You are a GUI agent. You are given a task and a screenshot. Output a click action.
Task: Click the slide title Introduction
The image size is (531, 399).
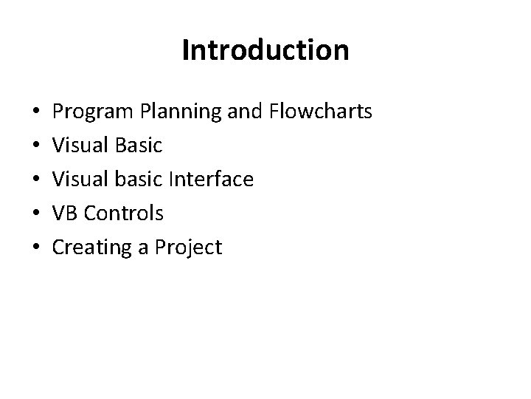click(265, 51)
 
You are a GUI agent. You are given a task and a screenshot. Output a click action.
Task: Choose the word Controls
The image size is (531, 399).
click(123, 214)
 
